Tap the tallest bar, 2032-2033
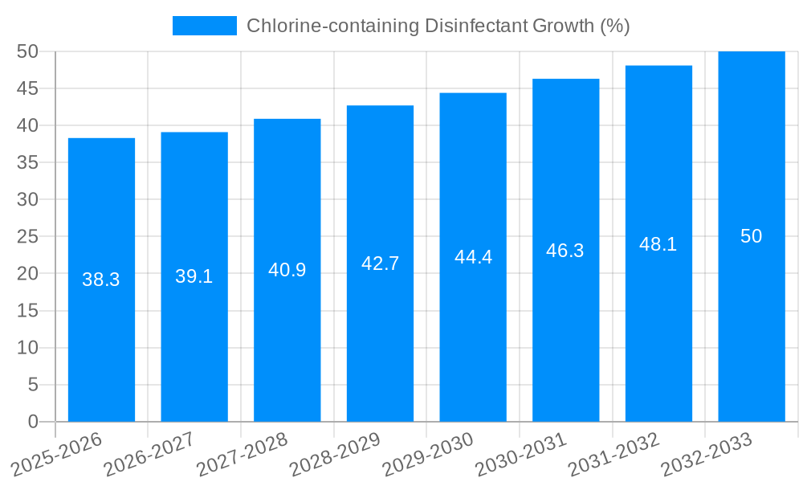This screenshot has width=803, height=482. pyautogui.click(x=752, y=321)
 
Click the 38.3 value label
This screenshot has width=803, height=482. pyautogui.click(x=101, y=280)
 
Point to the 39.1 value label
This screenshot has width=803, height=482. pyautogui.click(x=194, y=276)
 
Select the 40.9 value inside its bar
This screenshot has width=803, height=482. pyautogui.click(x=287, y=270)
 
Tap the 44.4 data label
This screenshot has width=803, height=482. pyautogui.click(x=473, y=257)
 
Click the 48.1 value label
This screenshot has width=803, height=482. pyautogui.click(x=658, y=244)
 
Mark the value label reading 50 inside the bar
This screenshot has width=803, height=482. pyautogui.click(x=752, y=236)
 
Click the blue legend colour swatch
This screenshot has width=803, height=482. pyautogui.click(x=205, y=26)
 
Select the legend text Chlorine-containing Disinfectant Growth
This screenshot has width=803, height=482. pyautogui.click(x=438, y=26)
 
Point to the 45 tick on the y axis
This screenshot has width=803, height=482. pyautogui.click(x=27, y=88)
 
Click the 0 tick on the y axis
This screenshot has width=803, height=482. pyautogui.click(x=33, y=422)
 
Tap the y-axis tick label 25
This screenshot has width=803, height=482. pyautogui.click(x=27, y=236)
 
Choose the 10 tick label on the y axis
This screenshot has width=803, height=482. pyautogui.click(x=27, y=348)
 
